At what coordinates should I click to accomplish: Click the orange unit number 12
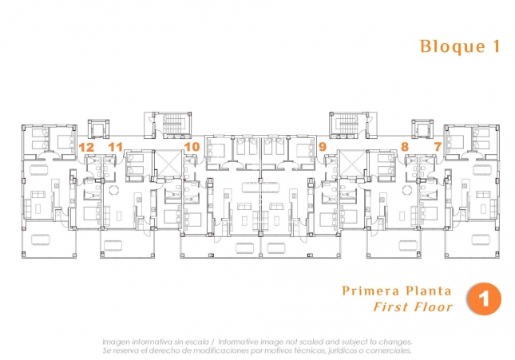(x=87, y=148)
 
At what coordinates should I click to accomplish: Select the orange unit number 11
(x=116, y=148)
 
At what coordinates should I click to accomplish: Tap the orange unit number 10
(x=192, y=147)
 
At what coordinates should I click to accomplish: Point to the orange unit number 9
(x=323, y=147)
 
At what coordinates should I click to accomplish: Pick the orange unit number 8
(x=405, y=147)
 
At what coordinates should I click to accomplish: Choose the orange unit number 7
(x=437, y=147)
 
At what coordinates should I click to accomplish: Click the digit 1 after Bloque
(x=495, y=46)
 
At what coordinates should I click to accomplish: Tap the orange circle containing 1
(x=483, y=299)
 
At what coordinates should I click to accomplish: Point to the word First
(x=392, y=307)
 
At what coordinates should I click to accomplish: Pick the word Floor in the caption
(x=434, y=307)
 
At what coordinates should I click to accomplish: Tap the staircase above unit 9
(x=346, y=125)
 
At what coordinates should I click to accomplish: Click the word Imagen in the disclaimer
(x=117, y=341)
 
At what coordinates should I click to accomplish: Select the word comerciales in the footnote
(x=388, y=350)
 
